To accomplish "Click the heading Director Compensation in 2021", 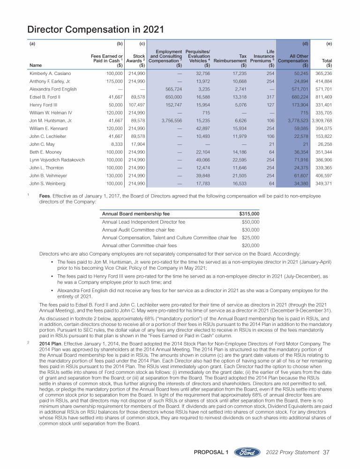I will click(95, 30).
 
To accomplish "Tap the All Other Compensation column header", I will click(293, 60).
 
